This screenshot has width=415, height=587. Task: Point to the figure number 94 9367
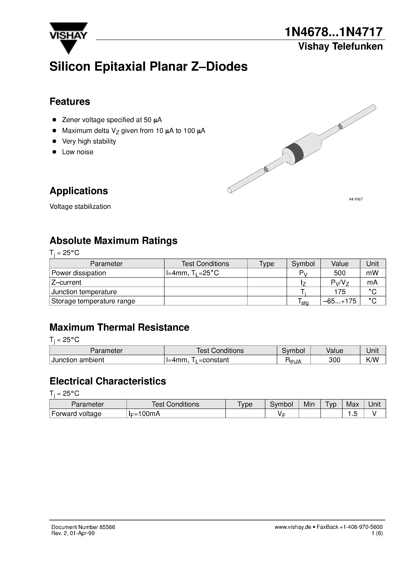coord(356,199)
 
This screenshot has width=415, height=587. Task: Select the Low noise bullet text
coord(78,152)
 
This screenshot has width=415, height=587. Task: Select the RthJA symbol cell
coord(293,360)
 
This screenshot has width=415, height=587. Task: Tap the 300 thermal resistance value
coord(334,360)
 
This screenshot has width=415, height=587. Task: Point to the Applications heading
coord(79,191)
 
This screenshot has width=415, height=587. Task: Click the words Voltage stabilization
coord(80,207)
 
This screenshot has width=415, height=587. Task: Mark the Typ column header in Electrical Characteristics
coord(331,404)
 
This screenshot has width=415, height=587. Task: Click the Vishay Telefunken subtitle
coord(340,47)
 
